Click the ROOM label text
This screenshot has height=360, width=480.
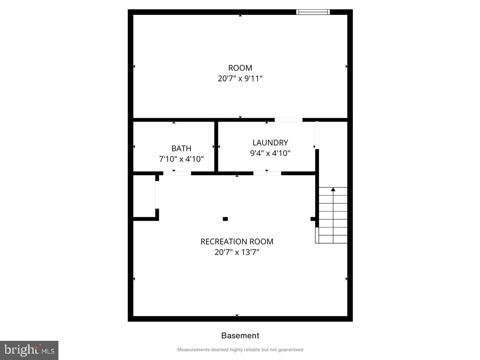point(240,68)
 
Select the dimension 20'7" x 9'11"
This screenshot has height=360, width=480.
point(240,78)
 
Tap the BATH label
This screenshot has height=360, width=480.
point(181,148)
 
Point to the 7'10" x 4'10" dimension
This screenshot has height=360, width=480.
point(181,159)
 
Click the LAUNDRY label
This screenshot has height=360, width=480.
point(270,142)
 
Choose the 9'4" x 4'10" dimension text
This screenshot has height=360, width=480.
point(270,153)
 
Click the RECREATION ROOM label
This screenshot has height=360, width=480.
point(237,242)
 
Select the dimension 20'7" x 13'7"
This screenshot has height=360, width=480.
point(237,252)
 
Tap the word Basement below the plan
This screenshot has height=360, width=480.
point(240,336)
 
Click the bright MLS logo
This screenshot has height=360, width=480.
point(29,350)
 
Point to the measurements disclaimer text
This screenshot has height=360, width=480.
point(240,350)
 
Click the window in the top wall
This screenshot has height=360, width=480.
point(313,12)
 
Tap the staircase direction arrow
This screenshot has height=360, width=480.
point(333,190)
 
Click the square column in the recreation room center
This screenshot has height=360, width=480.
point(225,219)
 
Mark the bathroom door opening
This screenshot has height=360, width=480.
point(177,173)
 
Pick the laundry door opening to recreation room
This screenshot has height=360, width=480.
point(267,173)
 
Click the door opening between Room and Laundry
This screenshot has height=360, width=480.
point(288,120)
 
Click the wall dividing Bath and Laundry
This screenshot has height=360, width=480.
point(216,146)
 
